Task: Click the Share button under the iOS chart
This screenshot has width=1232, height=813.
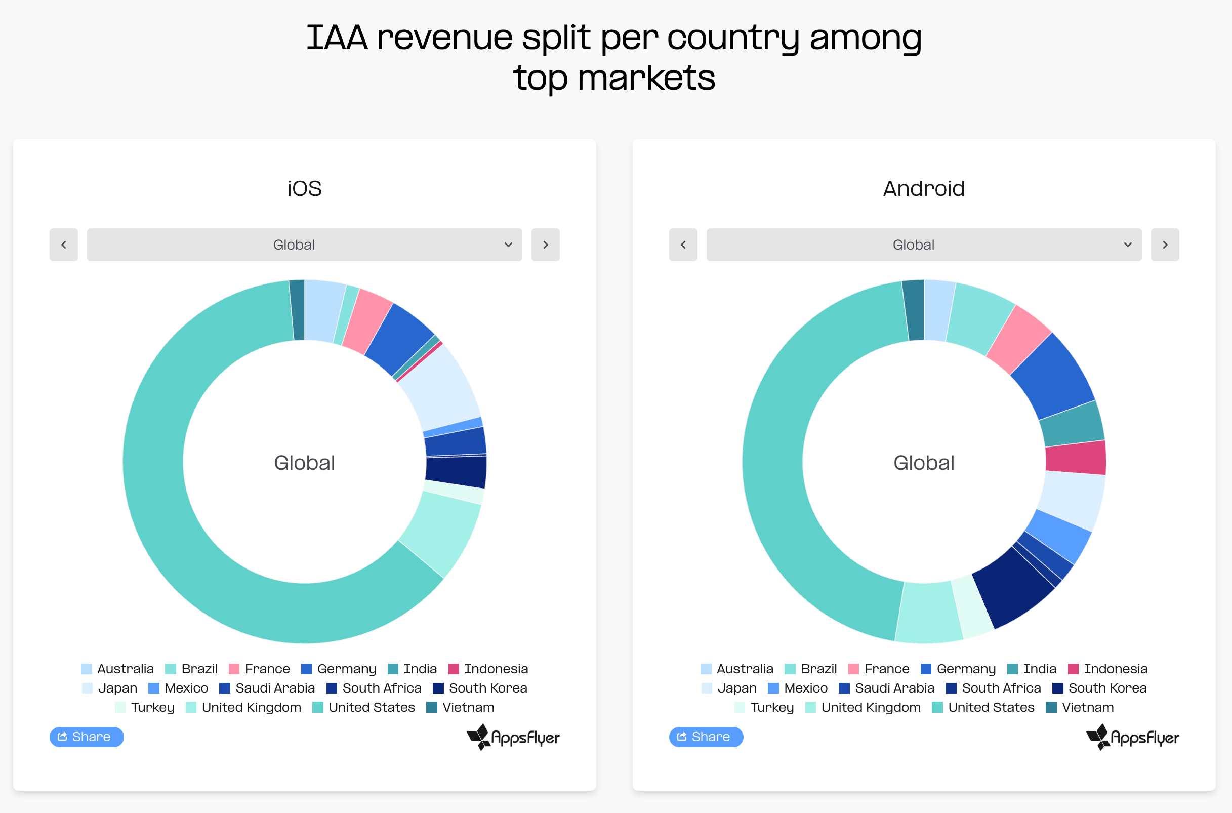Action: tap(87, 737)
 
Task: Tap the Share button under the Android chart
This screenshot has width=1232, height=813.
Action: tap(706, 737)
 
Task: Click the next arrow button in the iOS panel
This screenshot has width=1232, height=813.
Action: tap(545, 245)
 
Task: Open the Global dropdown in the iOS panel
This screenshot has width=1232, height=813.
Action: tap(304, 245)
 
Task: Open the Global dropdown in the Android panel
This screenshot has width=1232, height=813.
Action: tap(924, 245)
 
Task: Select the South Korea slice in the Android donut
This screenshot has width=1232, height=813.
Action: tap(1012, 588)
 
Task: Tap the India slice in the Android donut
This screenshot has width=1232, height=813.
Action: tap(1072, 424)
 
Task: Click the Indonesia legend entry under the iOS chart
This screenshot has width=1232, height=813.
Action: tap(488, 669)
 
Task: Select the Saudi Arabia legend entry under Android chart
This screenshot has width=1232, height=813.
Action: tap(886, 688)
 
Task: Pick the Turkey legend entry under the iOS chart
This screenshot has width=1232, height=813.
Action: tap(145, 707)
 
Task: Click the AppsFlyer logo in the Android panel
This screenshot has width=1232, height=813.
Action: tap(1132, 737)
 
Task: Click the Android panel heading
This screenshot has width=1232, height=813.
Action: tap(924, 189)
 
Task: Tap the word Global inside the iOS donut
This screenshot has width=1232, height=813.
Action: tap(304, 463)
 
